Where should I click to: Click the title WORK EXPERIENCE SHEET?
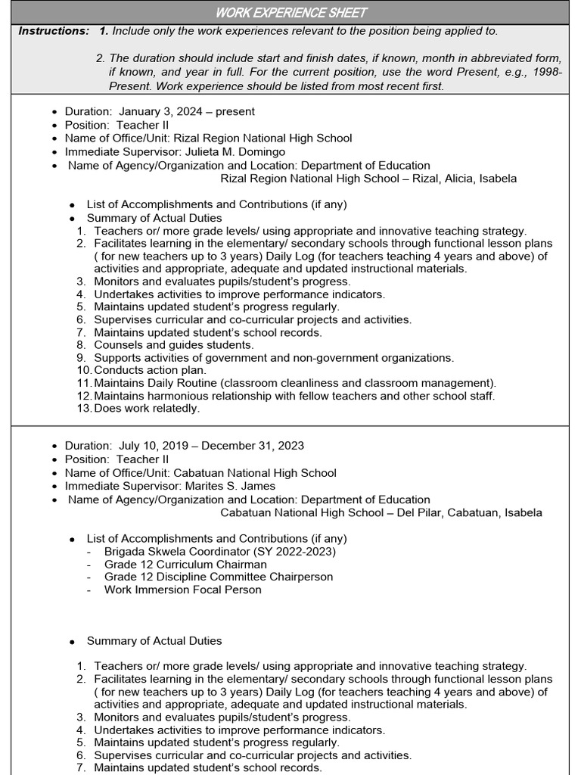[291, 12]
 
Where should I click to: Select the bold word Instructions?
[53, 31]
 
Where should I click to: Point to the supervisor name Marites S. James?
[230, 486]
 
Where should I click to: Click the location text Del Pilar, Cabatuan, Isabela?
[477, 512]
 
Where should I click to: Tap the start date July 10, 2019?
[151, 446]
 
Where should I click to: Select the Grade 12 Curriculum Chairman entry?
[185, 564]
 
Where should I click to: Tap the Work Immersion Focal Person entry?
[182, 590]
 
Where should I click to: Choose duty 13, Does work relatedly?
[147, 408]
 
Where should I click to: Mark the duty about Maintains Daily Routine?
[295, 383]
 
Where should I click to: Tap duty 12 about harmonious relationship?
[294, 396]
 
